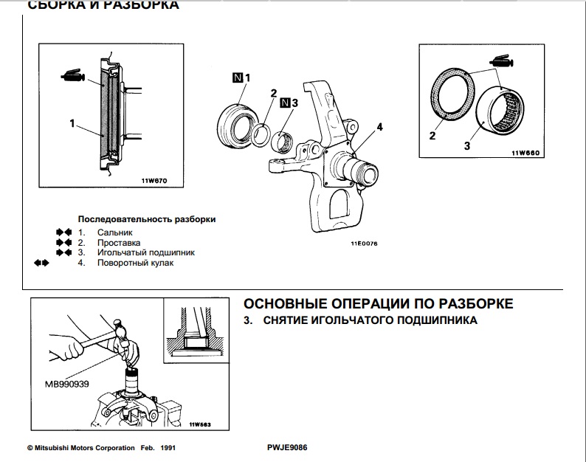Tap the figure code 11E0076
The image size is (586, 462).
click(x=364, y=243)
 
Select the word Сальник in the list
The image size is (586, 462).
click(x=114, y=232)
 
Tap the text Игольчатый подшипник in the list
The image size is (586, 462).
click(x=145, y=252)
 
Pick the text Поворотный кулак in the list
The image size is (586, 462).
click(x=135, y=263)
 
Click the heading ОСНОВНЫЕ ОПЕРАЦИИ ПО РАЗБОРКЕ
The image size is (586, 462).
click(x=377, y=304)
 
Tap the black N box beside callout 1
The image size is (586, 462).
click(x=237, y=77)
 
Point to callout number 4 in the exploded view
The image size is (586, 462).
click(x=379, y=128)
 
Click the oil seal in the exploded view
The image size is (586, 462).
click(x=238, y=121)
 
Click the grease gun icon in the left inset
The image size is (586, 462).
click(x=74, y=75)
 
